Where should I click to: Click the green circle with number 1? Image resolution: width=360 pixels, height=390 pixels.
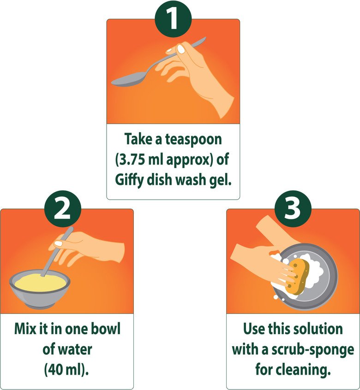[x=173, y=19]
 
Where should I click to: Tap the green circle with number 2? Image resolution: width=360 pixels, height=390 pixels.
[x=63, y=209]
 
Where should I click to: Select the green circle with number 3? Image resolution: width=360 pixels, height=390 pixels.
[x=293, y=209]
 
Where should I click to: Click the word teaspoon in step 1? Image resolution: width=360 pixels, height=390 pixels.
[x=193, y=140]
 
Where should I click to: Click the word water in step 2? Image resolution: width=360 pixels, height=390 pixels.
[x=76, y=349]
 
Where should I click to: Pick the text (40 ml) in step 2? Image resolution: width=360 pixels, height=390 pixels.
[x=66, y=370]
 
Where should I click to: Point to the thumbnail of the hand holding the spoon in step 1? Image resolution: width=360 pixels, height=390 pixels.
[x=181, y=49]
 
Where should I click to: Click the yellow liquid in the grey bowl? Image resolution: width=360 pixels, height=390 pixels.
[x=40, y=283]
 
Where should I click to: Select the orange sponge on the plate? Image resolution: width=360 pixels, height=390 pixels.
[x=298, y=276]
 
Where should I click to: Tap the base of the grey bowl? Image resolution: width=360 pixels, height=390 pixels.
[x=39, y=305]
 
